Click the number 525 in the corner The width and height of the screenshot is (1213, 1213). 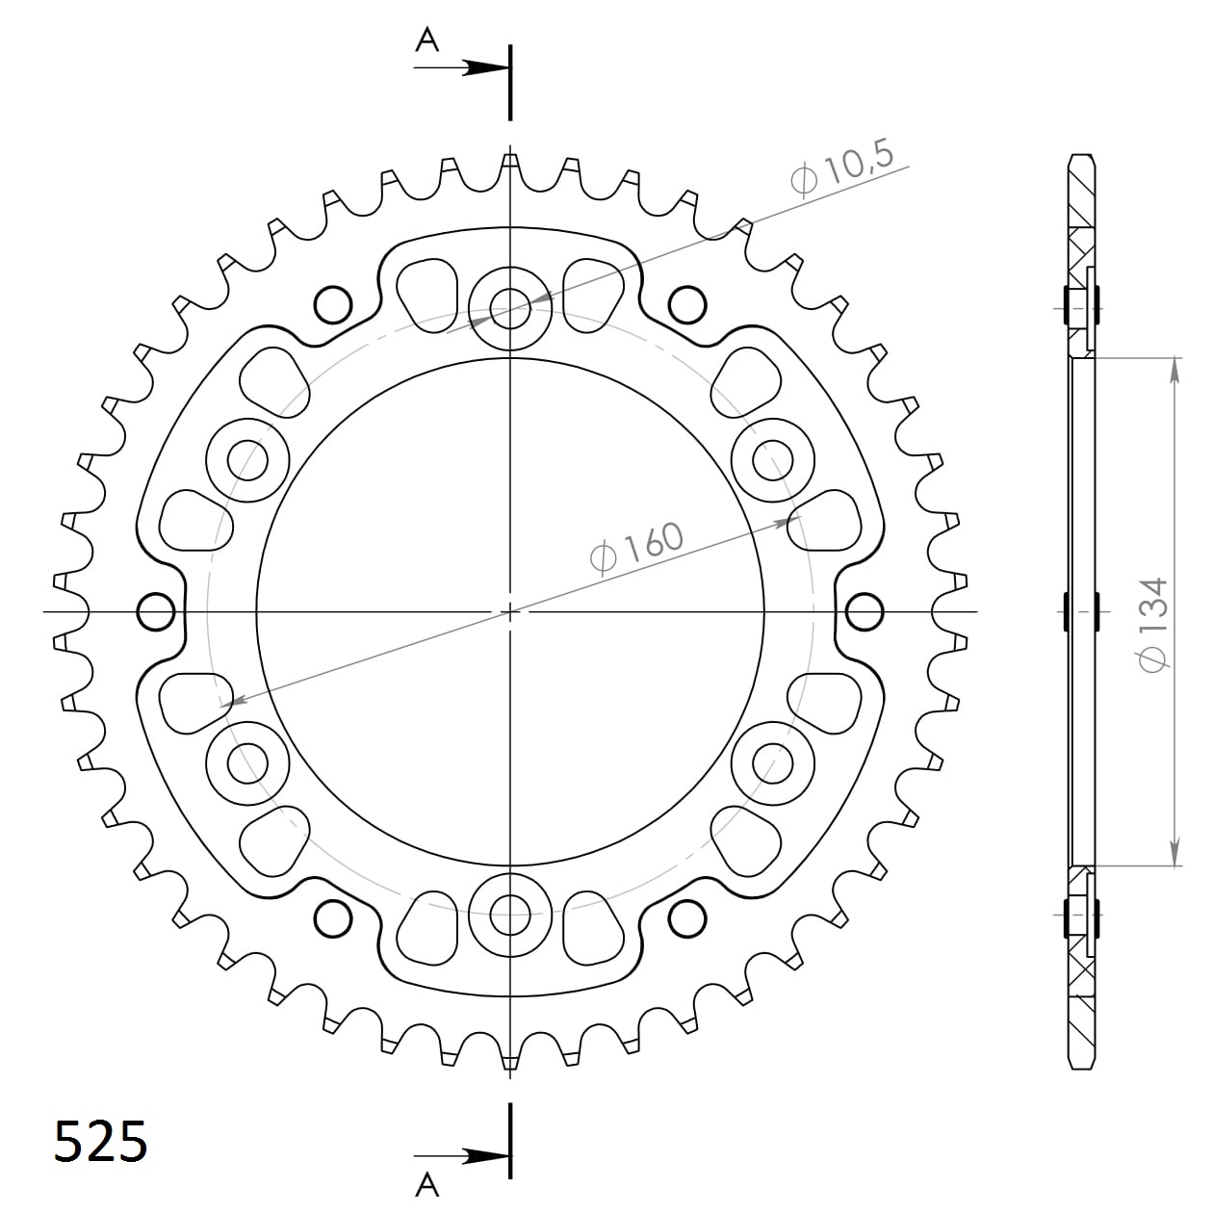(100, 1142)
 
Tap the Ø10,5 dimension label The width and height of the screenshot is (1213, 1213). (841, 168)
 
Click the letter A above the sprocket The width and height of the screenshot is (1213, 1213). (427, 39)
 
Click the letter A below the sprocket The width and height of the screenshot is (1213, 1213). (427, 1183)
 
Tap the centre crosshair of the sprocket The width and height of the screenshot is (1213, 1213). (510, 611)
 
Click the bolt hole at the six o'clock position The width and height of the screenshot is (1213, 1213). (509, 914)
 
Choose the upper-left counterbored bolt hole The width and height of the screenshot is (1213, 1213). (247, 460)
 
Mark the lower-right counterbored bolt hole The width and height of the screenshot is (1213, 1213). (772, 762)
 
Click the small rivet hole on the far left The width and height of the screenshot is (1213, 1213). (156, 611)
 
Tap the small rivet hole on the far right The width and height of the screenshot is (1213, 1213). (864, 611)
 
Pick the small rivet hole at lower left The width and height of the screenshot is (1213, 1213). (333, 917)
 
